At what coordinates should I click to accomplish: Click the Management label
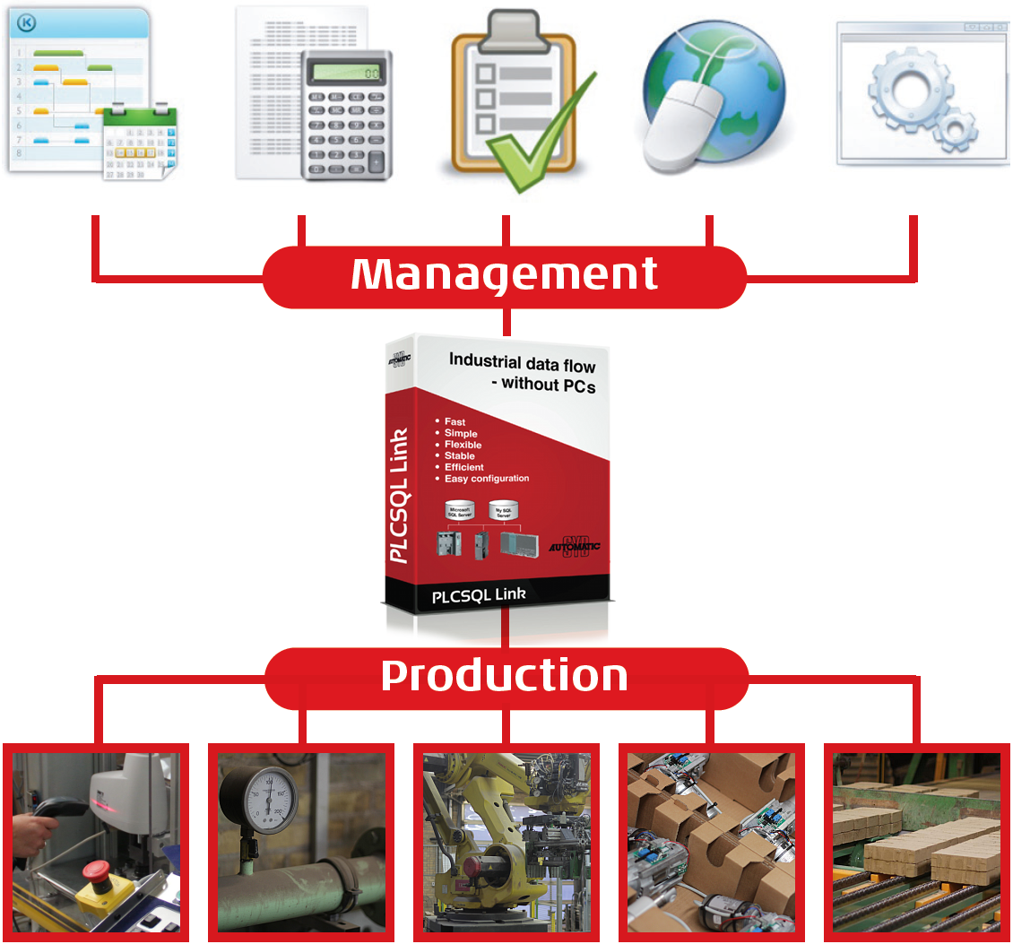[505, 274]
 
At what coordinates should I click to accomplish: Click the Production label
[505, 676]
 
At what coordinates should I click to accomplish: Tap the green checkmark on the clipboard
[538, 143]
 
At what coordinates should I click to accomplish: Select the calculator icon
[344, 112]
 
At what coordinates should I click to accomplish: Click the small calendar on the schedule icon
[140, 143]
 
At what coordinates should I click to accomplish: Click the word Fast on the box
[455, 422]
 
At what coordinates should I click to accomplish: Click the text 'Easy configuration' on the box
[487, 479]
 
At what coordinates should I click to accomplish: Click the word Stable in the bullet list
[460, 456]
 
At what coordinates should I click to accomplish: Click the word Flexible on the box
[463, 445]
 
